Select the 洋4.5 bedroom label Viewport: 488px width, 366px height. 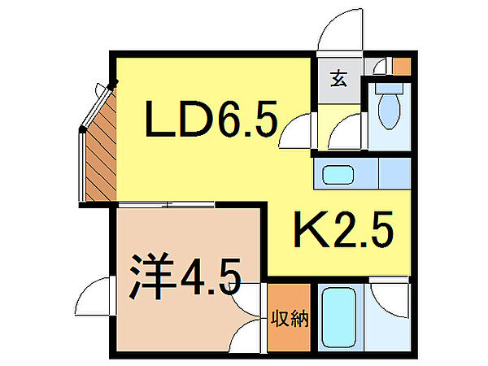coord(186,278)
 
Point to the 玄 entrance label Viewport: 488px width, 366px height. coord(338,79)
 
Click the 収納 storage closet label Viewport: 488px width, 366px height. coord(290,319)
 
